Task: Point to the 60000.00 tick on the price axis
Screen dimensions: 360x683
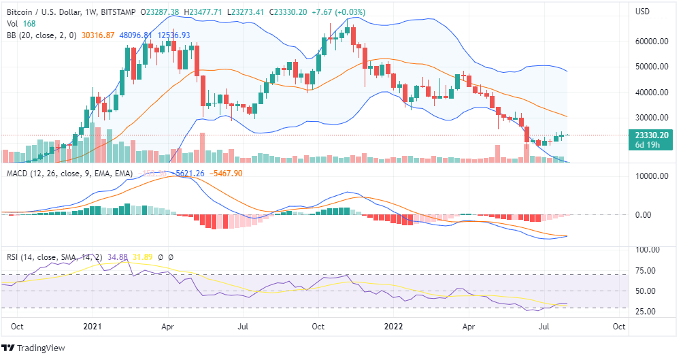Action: [649, 41]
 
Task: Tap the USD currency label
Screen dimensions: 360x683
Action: [643, 12]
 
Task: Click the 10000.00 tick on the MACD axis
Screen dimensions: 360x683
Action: [649, 176]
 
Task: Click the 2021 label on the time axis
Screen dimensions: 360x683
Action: [92, 326]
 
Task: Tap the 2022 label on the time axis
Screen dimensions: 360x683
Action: [395, 326]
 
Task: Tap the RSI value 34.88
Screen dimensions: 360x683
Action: [118, 257]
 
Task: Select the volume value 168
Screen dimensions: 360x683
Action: [29, 24]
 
